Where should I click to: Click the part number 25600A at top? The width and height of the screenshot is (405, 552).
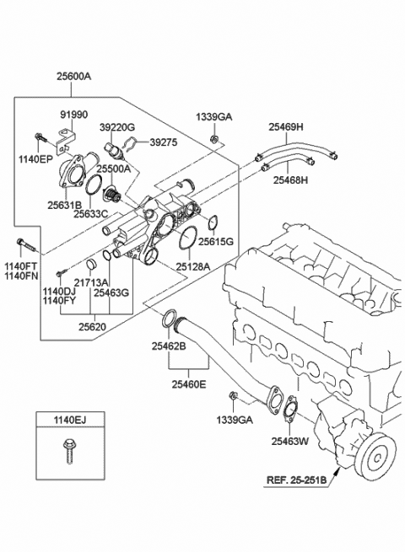[73, 77]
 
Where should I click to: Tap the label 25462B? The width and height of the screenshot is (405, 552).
[170, 346]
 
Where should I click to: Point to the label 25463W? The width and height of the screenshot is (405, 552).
[290, 439]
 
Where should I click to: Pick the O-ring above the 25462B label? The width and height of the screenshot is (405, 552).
[170, 319]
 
